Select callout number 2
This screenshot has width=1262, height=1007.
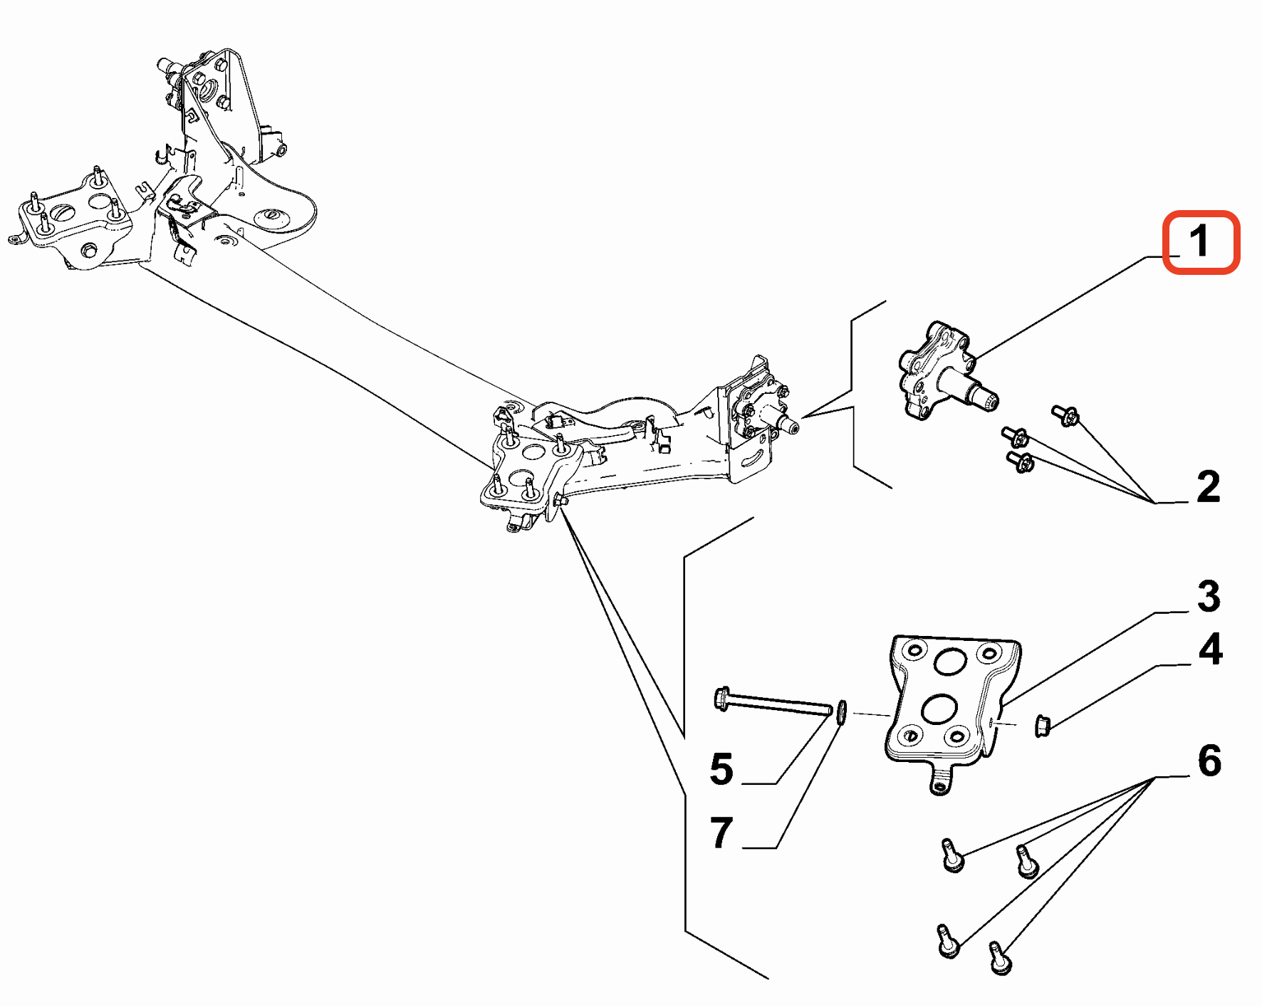coord(1208,487)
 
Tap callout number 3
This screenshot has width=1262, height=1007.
coord(1209,596)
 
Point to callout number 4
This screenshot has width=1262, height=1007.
coord(1210,649)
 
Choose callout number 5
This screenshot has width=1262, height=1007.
coord(721,769)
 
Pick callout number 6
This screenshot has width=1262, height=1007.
coord(1209,761)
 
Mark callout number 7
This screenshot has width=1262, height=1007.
coord(721,833)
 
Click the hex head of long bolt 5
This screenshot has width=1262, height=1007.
coord(721,699)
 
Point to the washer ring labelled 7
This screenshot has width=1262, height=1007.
coord(841,711)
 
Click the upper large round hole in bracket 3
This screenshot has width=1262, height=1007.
coord(949,662)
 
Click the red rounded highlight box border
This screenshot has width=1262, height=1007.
coord(1165,242)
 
